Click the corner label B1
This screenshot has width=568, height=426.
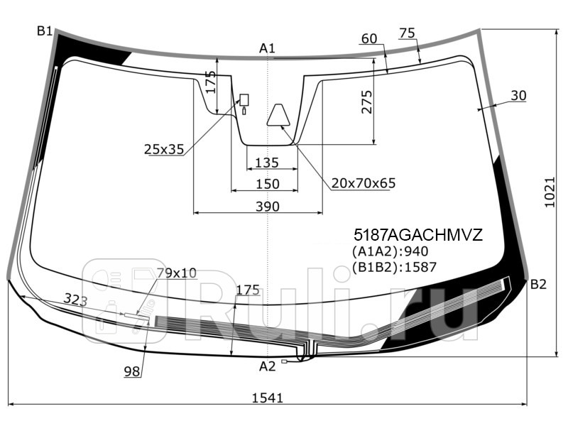point(45,31)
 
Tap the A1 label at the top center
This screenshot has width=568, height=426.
point(267,48)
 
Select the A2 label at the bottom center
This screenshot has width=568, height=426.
point(267,366)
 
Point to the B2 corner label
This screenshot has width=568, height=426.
point(538,285)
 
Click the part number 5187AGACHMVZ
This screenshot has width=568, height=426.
point(417,235)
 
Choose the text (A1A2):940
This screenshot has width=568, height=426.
point(390,251)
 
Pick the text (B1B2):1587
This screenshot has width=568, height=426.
point(394,267)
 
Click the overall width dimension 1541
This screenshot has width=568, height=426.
point(267,398)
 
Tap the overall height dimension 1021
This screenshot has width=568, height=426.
point(549,192)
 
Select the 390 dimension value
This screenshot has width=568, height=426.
point(267,207)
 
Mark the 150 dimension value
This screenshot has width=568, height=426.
point(267,184)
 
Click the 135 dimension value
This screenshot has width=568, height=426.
point(266,163)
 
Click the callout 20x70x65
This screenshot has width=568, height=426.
point(363,184)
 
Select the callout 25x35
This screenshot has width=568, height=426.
point(163,149)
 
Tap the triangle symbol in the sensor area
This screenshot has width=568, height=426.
point(278,115)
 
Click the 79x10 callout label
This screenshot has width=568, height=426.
point(176,273)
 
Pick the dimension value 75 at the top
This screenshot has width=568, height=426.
point(407,33)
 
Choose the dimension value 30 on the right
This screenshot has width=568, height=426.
point(518,96)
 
